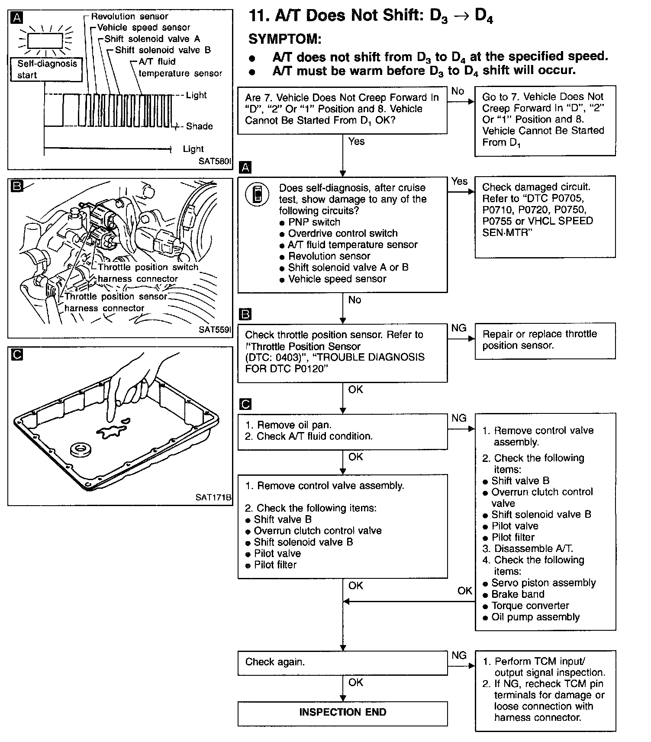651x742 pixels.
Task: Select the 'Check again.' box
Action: coord(342,663)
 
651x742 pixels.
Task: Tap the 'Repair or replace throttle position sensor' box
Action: coord(545,340)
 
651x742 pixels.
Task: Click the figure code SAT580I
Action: coord(215,161)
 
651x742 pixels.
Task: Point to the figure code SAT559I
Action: coord(215,329)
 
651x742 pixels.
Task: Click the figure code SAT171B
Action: coord(213,497)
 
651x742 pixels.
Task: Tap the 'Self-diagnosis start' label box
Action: coord(46,69)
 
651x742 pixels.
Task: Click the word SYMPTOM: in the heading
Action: coord(285,39)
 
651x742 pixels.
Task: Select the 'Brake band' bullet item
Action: coord(518,594)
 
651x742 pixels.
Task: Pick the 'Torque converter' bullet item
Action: coord(530,606)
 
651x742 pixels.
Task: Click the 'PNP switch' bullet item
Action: coord(314,222)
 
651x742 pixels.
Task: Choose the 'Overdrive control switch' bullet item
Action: coord(342,233)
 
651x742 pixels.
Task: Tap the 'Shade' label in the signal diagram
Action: coord(199,126)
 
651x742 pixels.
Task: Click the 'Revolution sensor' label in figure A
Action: coord(129,16)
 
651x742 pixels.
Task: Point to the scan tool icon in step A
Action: coord(257,194)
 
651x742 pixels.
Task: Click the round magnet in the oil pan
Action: coord(81,449)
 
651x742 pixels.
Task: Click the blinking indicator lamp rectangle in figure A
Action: coord(45,41)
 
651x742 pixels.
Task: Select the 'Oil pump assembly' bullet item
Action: coord(535,617)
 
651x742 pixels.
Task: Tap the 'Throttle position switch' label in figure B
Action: coord(148,268)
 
